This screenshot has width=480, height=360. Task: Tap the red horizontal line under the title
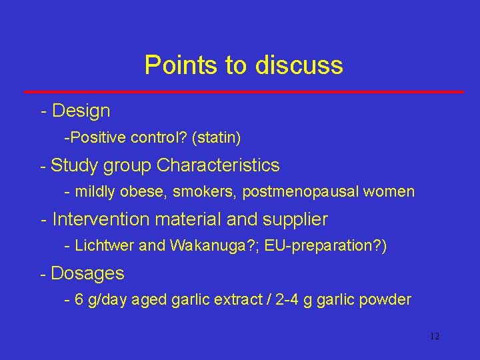click(x=243, y=91)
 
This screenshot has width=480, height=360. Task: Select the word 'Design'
click(x=81, y=111)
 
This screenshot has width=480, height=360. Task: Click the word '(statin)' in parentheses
click(x=216, y=138)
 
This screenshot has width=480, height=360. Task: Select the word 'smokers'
click(x=205, y=192)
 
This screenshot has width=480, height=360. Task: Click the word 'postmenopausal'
click(x=295, y=192)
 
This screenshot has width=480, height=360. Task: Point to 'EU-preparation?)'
click(x=325, y=246)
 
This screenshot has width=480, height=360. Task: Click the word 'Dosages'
click(x=87, y=273)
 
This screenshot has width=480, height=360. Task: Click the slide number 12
click(x=435, y=336)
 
